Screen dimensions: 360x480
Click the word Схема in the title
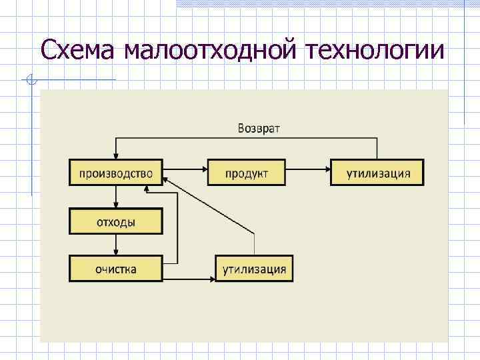click(75, 49)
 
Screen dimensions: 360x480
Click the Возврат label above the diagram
click(259, 128)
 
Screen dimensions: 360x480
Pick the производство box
click(116, 173)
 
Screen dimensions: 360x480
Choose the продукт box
click(247, 173)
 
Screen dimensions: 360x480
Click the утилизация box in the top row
click(377, 173)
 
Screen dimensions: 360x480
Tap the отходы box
click(116, 221)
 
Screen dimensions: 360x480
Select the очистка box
click(116, 269)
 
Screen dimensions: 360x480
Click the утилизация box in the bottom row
click(254, 269)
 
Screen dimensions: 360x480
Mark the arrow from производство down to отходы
click(116, 197)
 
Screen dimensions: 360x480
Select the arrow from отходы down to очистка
click(116, 245)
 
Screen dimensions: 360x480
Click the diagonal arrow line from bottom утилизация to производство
click(211, 206)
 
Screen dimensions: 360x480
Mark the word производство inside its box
click(116, 173)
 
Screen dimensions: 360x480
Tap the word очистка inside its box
click(116, 269)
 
